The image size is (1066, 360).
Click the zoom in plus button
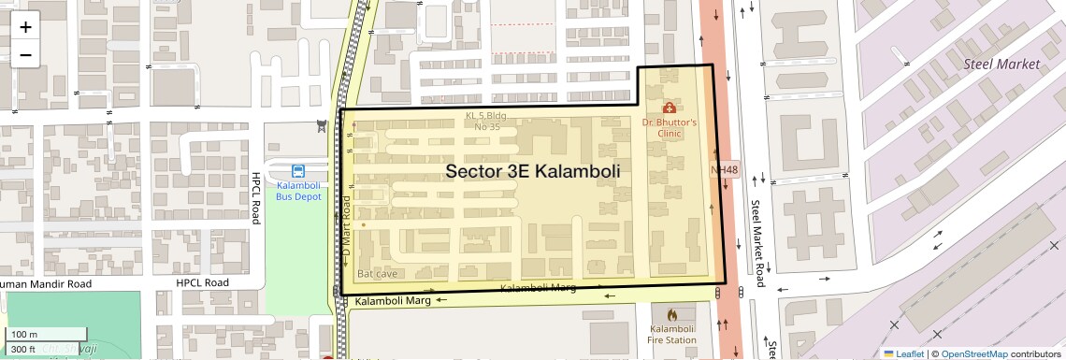pos(25,27)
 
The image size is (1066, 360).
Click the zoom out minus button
pos(25,55)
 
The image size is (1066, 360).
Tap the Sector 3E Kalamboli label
pos(533,171)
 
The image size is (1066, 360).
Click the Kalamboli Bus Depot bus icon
pos(297,171)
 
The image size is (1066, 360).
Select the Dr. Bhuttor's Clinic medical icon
pos(670,108)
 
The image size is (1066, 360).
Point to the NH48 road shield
pos(725,170)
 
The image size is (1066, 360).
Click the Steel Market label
pos(1001,65)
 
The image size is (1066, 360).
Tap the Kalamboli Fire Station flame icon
pos(671,313)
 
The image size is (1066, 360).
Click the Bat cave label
pos(378,273)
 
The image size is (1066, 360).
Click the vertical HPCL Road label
pos(255,197)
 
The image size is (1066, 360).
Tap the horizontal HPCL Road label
pos(202,282)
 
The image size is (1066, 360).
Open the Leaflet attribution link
pos(903,353)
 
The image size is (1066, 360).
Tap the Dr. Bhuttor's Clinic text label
pos(670,128)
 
